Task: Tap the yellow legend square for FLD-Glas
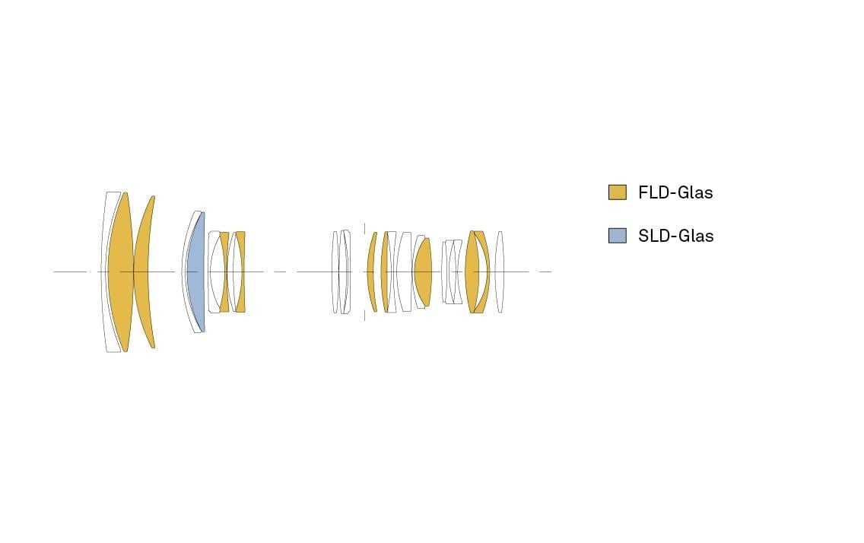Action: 617,192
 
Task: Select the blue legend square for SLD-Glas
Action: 617,236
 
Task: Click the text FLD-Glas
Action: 675,192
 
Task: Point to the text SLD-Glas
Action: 675,236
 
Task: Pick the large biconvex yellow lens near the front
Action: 121,272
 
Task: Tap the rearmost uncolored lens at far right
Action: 499,272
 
